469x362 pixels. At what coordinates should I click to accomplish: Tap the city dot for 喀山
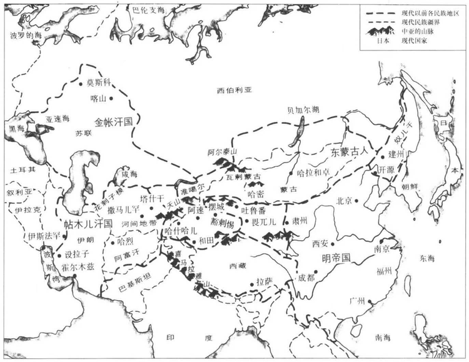click(x=111, y=98)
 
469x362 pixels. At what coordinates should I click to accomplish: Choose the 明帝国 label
click(x=338, y=258)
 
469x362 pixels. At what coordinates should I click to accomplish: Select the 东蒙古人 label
click(x=348, y=152)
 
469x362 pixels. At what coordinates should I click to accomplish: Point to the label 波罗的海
click(x=24, y=36)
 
